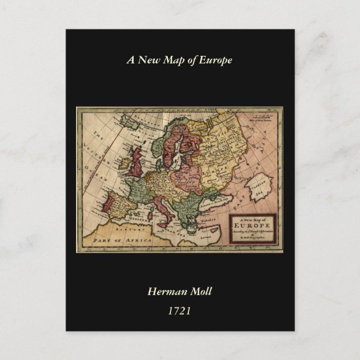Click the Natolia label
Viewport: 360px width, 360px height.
[215, 214]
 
